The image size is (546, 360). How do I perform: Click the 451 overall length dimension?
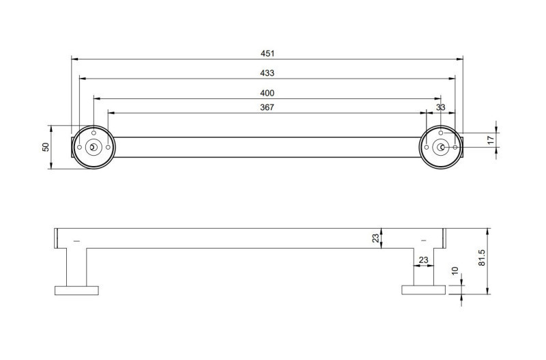268,53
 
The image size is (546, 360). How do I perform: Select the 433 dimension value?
268,73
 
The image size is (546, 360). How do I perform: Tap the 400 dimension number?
268,93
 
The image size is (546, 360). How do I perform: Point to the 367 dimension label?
268,107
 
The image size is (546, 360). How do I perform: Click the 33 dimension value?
441,107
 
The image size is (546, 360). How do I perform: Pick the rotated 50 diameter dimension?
46,147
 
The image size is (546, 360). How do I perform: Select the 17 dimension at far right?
491,139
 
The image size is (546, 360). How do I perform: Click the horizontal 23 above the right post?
422,260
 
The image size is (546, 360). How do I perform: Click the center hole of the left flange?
94,147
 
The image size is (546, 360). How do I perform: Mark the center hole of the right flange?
442,147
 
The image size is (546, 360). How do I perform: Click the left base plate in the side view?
77,290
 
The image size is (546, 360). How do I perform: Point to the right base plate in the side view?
423,290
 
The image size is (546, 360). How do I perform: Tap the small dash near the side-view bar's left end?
76,240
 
